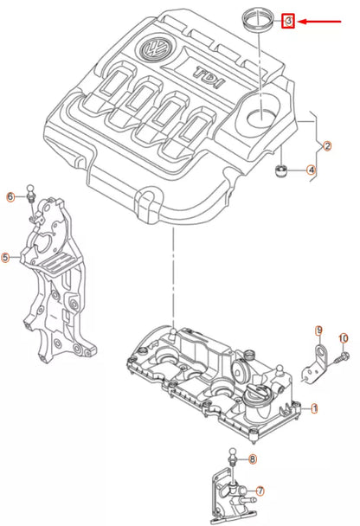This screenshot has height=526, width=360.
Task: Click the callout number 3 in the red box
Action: click(290, 21)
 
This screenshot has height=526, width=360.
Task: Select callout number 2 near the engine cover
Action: click(327, 147)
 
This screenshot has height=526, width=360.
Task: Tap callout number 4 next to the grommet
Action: click(311, 170)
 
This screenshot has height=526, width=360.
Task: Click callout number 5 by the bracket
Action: click(5, 257)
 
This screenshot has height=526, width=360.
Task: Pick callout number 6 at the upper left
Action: click(11, 197)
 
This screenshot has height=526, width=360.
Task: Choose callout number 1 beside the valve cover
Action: click(315, 407)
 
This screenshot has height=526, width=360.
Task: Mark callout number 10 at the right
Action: click(342, 337)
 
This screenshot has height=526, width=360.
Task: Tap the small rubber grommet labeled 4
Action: click(281, 170)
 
